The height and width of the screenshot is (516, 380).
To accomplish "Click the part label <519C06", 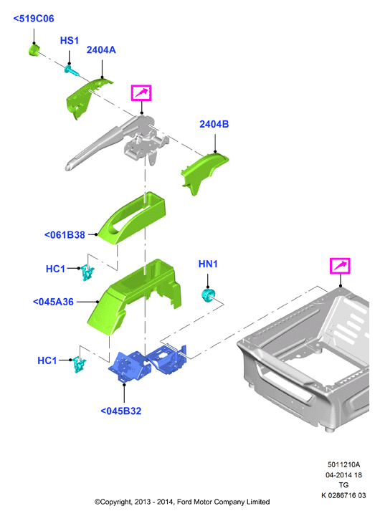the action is [x=34, y=19].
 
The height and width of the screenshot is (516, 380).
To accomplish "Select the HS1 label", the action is [x=69, y=40].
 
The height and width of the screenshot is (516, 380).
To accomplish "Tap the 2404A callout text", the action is [x=101, y=49].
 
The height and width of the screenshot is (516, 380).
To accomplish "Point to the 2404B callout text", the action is [x=214, y=124].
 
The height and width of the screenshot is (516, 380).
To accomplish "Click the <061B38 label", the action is [x=65, y=235].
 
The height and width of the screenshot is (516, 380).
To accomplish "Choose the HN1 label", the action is [x=208, y=264].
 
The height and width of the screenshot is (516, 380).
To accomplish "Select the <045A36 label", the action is [x=53, y=302].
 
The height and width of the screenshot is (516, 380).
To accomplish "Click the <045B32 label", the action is [x=121, y=411].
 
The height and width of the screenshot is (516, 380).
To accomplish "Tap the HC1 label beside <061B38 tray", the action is [x=55, y=269].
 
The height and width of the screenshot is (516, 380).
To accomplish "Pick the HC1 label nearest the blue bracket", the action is [x=47, y=360].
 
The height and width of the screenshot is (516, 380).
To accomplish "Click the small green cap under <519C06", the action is [x=33, y=50].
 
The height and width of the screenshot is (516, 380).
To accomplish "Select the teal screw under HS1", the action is [x=72, y=70].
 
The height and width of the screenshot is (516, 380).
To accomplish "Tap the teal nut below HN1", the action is [x=208, y=295].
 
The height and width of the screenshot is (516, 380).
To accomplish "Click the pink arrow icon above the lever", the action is [x=141, y=92].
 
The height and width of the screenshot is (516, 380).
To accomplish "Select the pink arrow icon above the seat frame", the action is [x=340, y=266].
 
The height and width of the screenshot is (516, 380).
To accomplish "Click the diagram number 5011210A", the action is [x=343, y=464].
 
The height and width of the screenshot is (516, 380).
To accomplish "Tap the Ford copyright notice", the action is [x=182, y=502].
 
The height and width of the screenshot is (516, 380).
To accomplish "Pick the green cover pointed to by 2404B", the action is [x=204, y=173].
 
